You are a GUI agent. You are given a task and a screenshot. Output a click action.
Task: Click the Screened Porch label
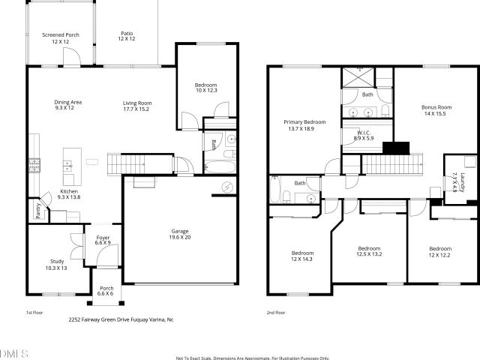tap(61, 35)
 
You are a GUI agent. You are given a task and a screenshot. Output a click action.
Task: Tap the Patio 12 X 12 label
tap(127, 36)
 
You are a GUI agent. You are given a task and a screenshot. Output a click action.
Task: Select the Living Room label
tap(137, 103)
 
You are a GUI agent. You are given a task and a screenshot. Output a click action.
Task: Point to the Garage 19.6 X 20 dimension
tap(180, 237)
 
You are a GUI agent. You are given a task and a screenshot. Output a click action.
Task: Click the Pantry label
tap(38, 211)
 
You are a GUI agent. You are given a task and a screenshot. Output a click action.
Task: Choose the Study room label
tap(57, 262)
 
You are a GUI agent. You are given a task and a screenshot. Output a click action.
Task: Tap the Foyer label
tap(103, 238)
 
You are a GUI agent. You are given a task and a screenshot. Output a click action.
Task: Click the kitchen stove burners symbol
tap(34, 165)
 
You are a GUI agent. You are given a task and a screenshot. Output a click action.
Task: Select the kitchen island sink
tap(67, 166)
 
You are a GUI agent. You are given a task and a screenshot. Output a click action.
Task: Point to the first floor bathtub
tap(220, 166)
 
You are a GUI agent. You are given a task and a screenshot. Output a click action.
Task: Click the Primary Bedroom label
tap(304, 122)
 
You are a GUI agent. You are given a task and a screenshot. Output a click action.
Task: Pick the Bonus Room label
tap(436, 107)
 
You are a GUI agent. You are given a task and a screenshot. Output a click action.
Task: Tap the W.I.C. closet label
tap(364, 133)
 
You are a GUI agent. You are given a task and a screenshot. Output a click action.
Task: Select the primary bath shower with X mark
tap(358, 77)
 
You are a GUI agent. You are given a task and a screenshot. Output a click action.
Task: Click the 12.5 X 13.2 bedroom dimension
tap(369, 254)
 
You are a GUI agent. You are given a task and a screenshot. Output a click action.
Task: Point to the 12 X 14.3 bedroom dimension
tap(301, 259)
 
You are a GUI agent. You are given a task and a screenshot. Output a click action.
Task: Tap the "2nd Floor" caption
tap(276, 313)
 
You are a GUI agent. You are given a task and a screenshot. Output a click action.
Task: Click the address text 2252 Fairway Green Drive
tap(99, 319)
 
